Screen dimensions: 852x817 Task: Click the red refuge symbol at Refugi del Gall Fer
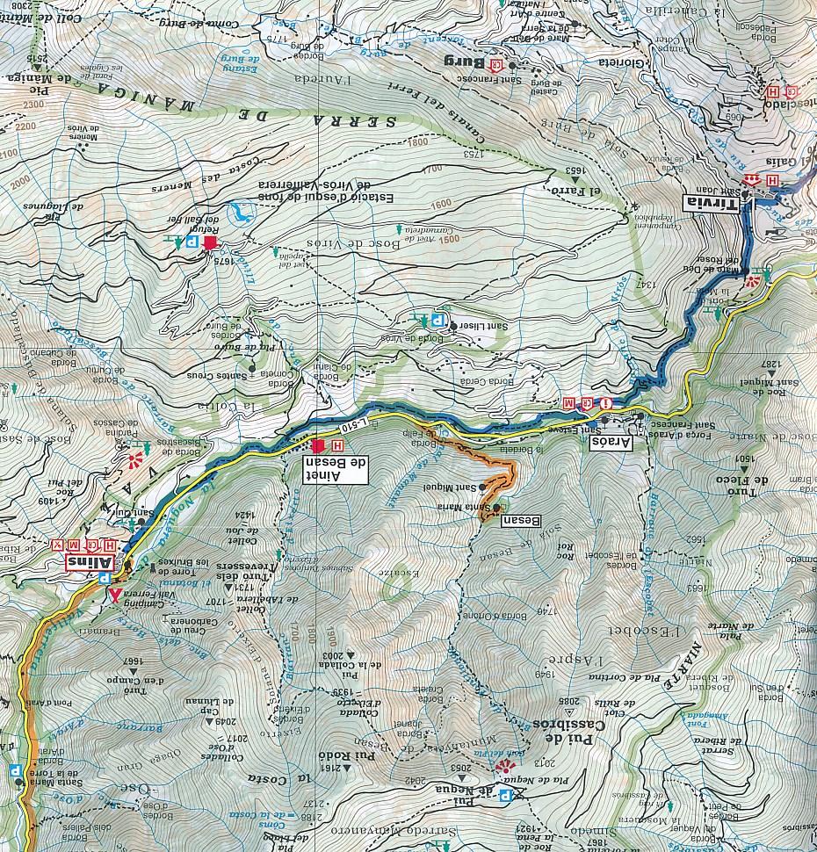click(x=210, y=242)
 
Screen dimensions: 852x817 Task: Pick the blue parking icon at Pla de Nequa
click(x=505, y=795)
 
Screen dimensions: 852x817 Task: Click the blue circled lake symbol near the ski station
click(x=238, y=212)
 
